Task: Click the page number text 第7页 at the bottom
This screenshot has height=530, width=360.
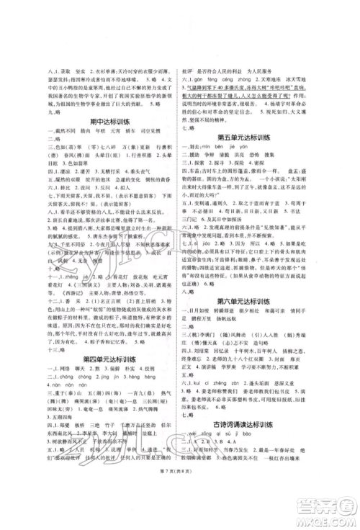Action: coord(180,508)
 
